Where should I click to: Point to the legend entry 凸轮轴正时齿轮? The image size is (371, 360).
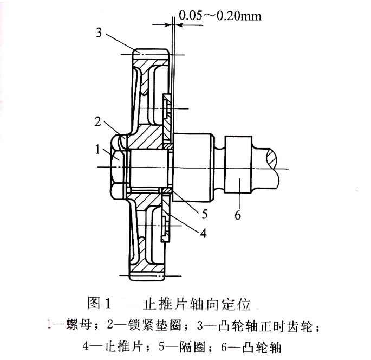pos(258,326)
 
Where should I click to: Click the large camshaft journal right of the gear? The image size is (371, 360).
pos(193,167)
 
